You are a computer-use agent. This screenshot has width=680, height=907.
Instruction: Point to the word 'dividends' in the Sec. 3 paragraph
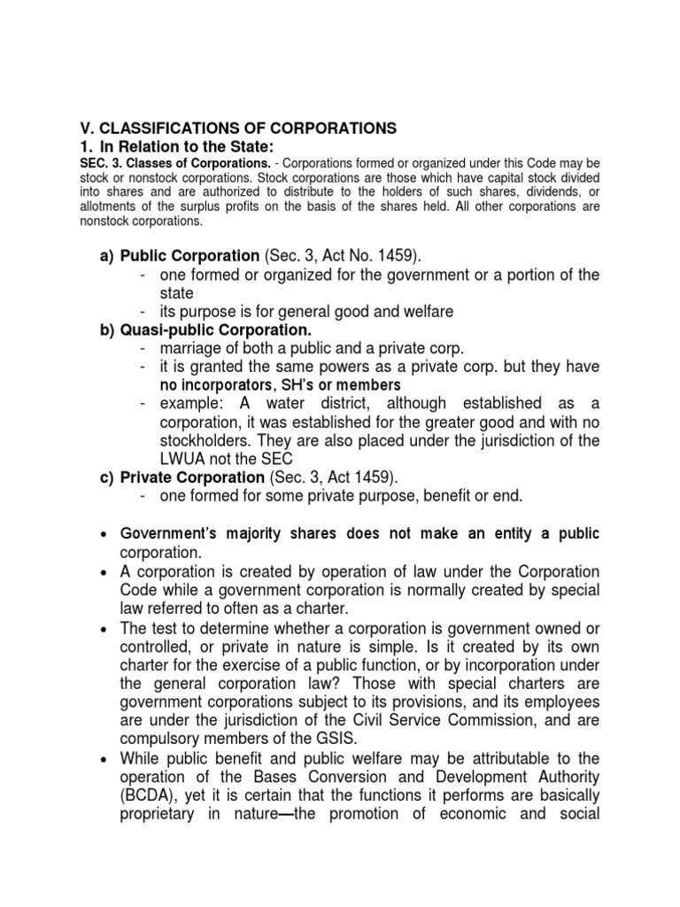(x=554, y=192)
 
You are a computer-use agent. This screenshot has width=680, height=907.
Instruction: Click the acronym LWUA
(x=170, y=459)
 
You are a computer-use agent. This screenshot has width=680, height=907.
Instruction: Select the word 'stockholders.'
(x=200, y=440)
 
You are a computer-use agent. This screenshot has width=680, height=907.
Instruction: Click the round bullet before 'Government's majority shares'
(x=105, y=533)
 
